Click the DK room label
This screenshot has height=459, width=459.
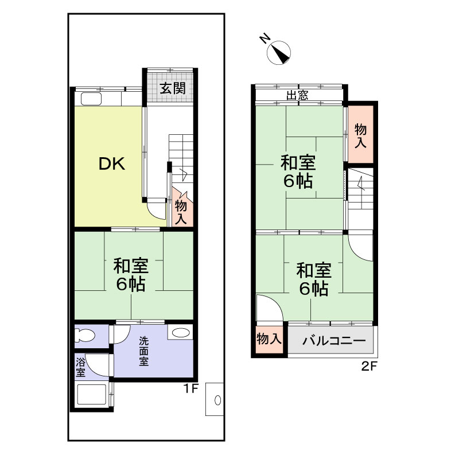coord(112,164)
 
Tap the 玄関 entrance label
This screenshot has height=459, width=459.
coord(173,88)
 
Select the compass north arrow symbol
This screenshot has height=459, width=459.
coord(279,52)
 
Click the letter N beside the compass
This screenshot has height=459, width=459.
coord(265,38)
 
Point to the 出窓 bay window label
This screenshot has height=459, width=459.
coord(297,95)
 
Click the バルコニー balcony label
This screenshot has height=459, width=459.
coord(334,340)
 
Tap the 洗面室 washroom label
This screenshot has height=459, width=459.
coord(143,351)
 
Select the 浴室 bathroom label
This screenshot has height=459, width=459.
coord(80,367)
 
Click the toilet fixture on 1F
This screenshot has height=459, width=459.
coord(84,336)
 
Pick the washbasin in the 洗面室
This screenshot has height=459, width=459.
coord(181,333)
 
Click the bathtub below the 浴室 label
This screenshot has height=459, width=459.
coord(91,394)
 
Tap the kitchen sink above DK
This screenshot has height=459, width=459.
coord(91,99)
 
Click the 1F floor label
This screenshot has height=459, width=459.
coord(191,388)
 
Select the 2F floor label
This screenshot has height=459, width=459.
coord(369,366)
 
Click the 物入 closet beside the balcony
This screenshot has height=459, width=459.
coord(269,339)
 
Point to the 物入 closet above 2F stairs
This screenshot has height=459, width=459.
coord(360,134)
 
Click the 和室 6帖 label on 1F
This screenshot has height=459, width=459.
coord(131,275)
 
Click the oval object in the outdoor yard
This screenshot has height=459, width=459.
coord(217,400)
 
